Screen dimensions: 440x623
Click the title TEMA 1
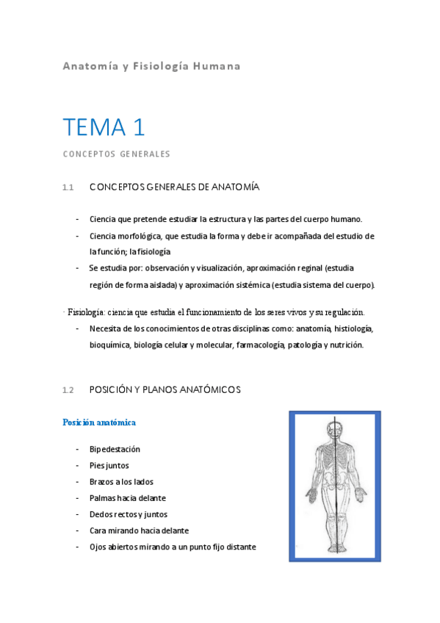coord(104,127)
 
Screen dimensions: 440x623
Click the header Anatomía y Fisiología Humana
coord(151,66)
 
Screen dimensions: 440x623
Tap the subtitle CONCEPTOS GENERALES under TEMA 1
coord(116,154)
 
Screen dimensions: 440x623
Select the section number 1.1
coord(68,188)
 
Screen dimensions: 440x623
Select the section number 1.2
coord(68,390)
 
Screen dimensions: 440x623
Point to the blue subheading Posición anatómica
coord(99,422)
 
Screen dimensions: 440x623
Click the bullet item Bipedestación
coord(115,449)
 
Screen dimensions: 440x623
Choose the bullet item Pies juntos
coord(109,465)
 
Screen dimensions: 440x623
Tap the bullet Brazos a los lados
coord(120,481)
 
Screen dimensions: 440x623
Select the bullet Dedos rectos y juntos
coord(129,514)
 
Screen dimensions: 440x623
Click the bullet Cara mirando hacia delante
coord(139,530)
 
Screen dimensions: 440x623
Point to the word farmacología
coord(260,345)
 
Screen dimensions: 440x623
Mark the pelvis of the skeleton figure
coord(337,489)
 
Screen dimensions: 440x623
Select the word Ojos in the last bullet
coord(98,547)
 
